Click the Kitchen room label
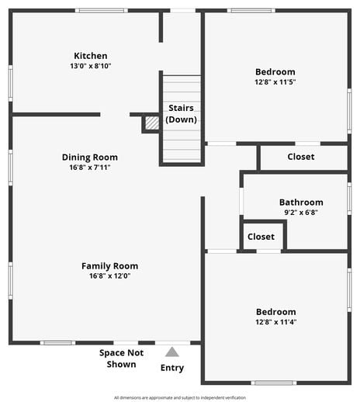click(x=91, y=56)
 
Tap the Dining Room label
click(x=90, y=157)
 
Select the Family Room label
click(x=109, y=266)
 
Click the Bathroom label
click(x=301, y=203)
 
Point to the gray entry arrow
click(x=172, y=352)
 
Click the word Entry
click(x=172, y=368)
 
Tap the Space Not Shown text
click(x=122, y=359)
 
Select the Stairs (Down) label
click(x=182, y=113)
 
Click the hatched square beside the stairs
click(x=152, y=123)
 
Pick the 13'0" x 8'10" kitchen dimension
click(x=91, y=67)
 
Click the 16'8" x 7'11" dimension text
click(x=90, y=168)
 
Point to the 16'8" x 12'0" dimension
click(x=109, y=276)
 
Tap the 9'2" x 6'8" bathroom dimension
click(x=301, y=213)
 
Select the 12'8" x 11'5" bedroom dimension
click(x=275, y=82)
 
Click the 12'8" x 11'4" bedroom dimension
click(x=275, y=322)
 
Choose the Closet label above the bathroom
click(x=301, y=157)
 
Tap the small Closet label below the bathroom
click(x=261, y=237)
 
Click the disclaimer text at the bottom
click(x=180, y=397)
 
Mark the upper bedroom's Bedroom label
click(x=275, y=72)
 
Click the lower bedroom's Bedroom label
click(x=275, y=312)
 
